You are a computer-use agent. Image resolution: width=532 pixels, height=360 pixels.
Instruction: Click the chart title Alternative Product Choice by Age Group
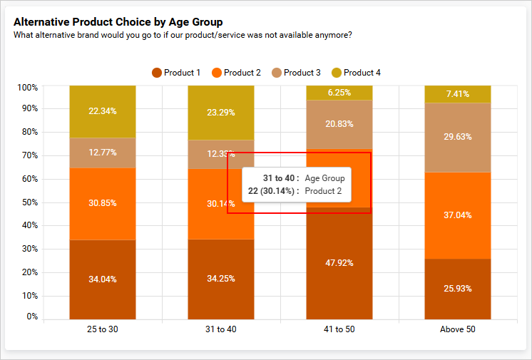point(118,22)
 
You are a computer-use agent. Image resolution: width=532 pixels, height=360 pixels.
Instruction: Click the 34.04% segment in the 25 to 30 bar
point(103,279)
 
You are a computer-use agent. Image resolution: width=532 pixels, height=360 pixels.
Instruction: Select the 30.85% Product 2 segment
point(103,203)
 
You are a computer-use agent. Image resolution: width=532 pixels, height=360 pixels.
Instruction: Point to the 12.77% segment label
point(103,153)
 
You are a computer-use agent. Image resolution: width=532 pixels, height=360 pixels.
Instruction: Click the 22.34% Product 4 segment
point(103,111)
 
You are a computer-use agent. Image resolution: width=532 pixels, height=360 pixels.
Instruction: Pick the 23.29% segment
point(221,112)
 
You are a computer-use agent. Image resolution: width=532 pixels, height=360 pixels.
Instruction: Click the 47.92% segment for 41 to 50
point(339,263)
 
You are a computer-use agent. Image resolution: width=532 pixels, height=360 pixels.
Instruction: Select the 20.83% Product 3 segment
point(339,124)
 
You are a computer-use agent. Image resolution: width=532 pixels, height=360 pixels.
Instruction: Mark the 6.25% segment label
point(339,93)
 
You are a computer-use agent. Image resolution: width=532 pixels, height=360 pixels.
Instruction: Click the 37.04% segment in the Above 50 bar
point(458,215)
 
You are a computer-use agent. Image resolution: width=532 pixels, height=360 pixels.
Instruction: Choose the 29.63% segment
point(458,137)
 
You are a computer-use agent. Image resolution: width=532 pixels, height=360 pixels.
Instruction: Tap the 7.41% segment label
point(458,94)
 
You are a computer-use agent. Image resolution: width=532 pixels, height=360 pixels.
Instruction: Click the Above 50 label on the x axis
point(458,329)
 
